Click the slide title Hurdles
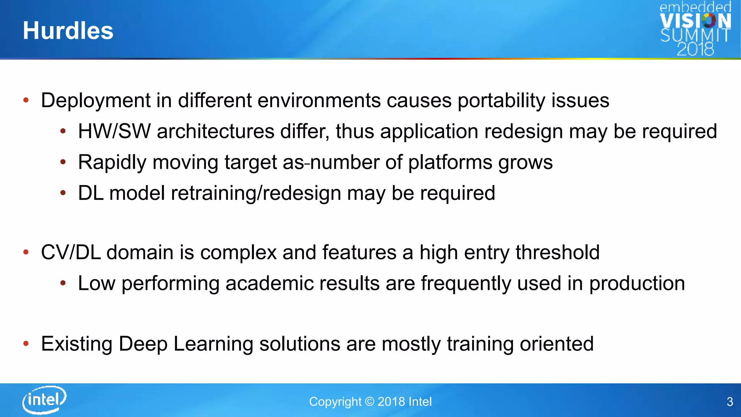(x=68, y=30)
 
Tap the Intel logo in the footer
(x=44, y=400)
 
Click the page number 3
(x=730, y=402)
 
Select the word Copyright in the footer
(x=335, y=402)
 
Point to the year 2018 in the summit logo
(x=695, y=49)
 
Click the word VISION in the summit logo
(x=695, y=21)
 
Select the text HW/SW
(x=114, y=131)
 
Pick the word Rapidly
(x=112, y=163)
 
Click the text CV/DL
(x=71, y=252)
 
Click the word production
(x=637, y=283)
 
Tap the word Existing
(x=76, y=344)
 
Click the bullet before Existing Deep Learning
(x=26, y=344)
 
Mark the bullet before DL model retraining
(x=63, y=193)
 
